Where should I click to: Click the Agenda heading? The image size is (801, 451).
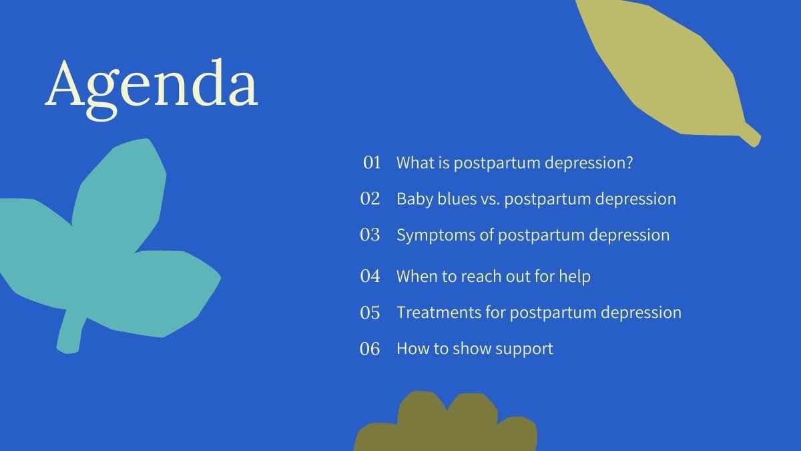(152, 89)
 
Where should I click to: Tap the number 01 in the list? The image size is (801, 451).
(372, 162)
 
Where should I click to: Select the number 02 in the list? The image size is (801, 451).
(370, 198)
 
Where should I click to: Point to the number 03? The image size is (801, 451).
(370, 235)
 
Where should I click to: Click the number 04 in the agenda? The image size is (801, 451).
(370, 276)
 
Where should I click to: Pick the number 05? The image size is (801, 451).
(370, 313)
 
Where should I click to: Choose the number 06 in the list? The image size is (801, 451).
(370, 349)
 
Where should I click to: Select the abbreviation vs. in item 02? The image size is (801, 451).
(490, 200)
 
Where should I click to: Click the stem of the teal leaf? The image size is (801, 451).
(71, 333)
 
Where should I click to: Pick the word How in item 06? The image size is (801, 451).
(410, 349)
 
